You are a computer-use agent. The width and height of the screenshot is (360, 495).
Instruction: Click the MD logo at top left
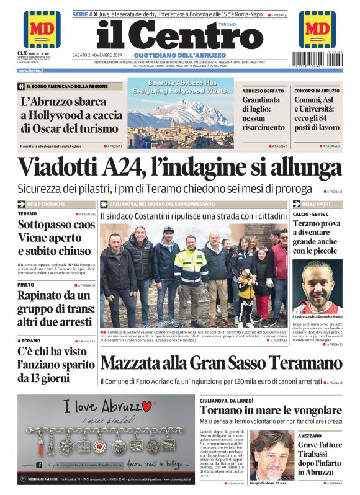click(42, 29)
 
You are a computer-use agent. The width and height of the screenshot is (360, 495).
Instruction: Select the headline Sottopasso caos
click(56, 225)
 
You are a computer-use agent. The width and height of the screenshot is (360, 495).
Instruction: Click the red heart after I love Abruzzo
click(146, 406)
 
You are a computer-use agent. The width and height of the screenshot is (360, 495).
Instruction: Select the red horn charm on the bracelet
click(47, 446)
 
